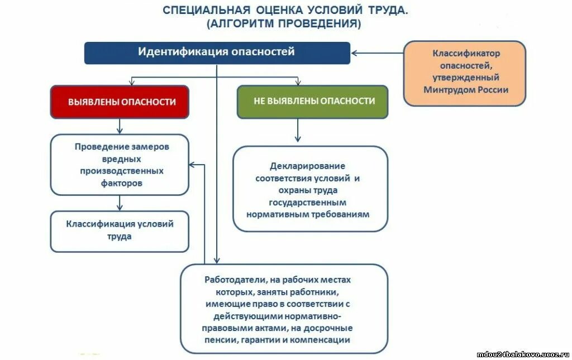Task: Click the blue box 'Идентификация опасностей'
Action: [x=217, y=52]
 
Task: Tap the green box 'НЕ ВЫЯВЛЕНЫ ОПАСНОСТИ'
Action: [x=312, y=102]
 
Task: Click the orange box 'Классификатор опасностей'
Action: [x=465, y=73]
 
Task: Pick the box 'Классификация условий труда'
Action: [x=120, y=231]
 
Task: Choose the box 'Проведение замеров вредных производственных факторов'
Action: [x=120, y=165]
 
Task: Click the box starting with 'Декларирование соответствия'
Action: [x=310, y=189]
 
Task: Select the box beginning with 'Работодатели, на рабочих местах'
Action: [x=284, y=309]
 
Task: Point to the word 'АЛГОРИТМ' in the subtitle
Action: [x=242, y=24]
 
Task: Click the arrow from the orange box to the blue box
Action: [x=377, y=53]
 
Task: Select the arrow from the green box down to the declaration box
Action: [x=298, y=130]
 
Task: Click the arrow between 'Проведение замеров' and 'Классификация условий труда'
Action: [x=120, y=202]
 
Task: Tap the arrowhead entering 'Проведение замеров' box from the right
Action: [x=192, y=165]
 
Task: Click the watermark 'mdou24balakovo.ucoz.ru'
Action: [x=522, y=354]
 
